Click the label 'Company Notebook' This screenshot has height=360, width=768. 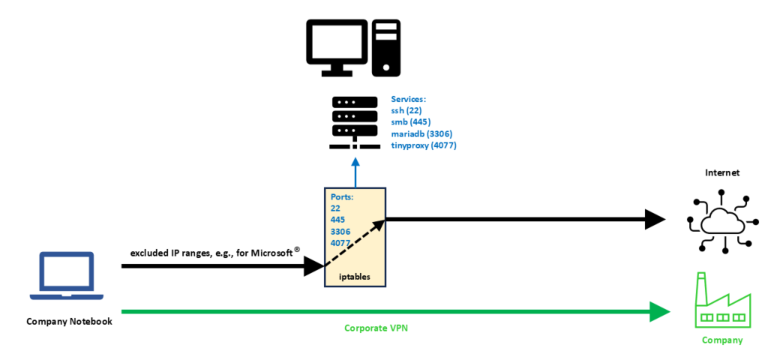point(69,322)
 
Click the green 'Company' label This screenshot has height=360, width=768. point(722,340)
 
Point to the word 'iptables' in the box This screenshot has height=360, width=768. point(355,277)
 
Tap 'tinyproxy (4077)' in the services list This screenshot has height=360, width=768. point(424,145)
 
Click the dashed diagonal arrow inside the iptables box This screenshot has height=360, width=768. point(355,242)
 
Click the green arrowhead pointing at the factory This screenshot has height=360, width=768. point(659,310)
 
